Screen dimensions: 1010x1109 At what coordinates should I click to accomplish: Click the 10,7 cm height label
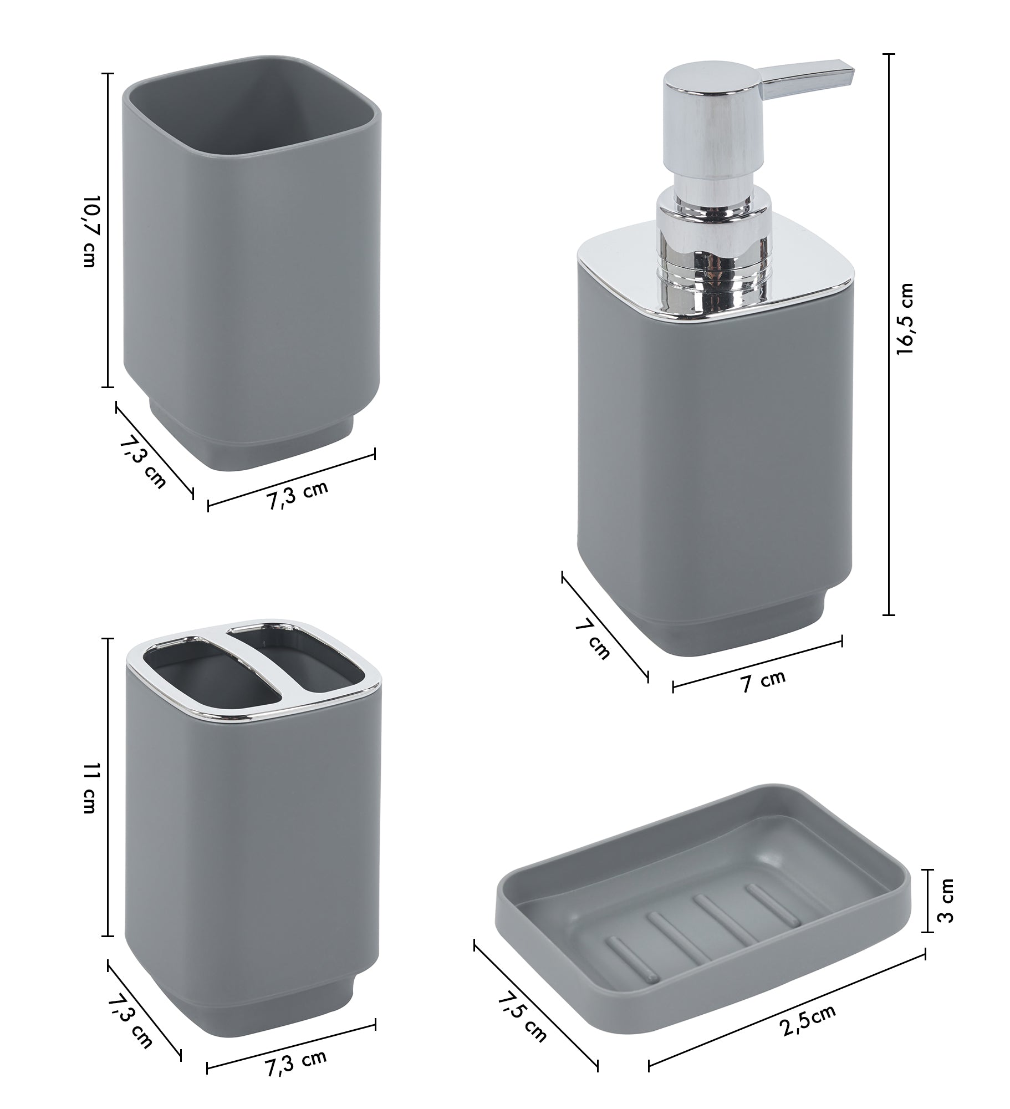coord(89,231)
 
